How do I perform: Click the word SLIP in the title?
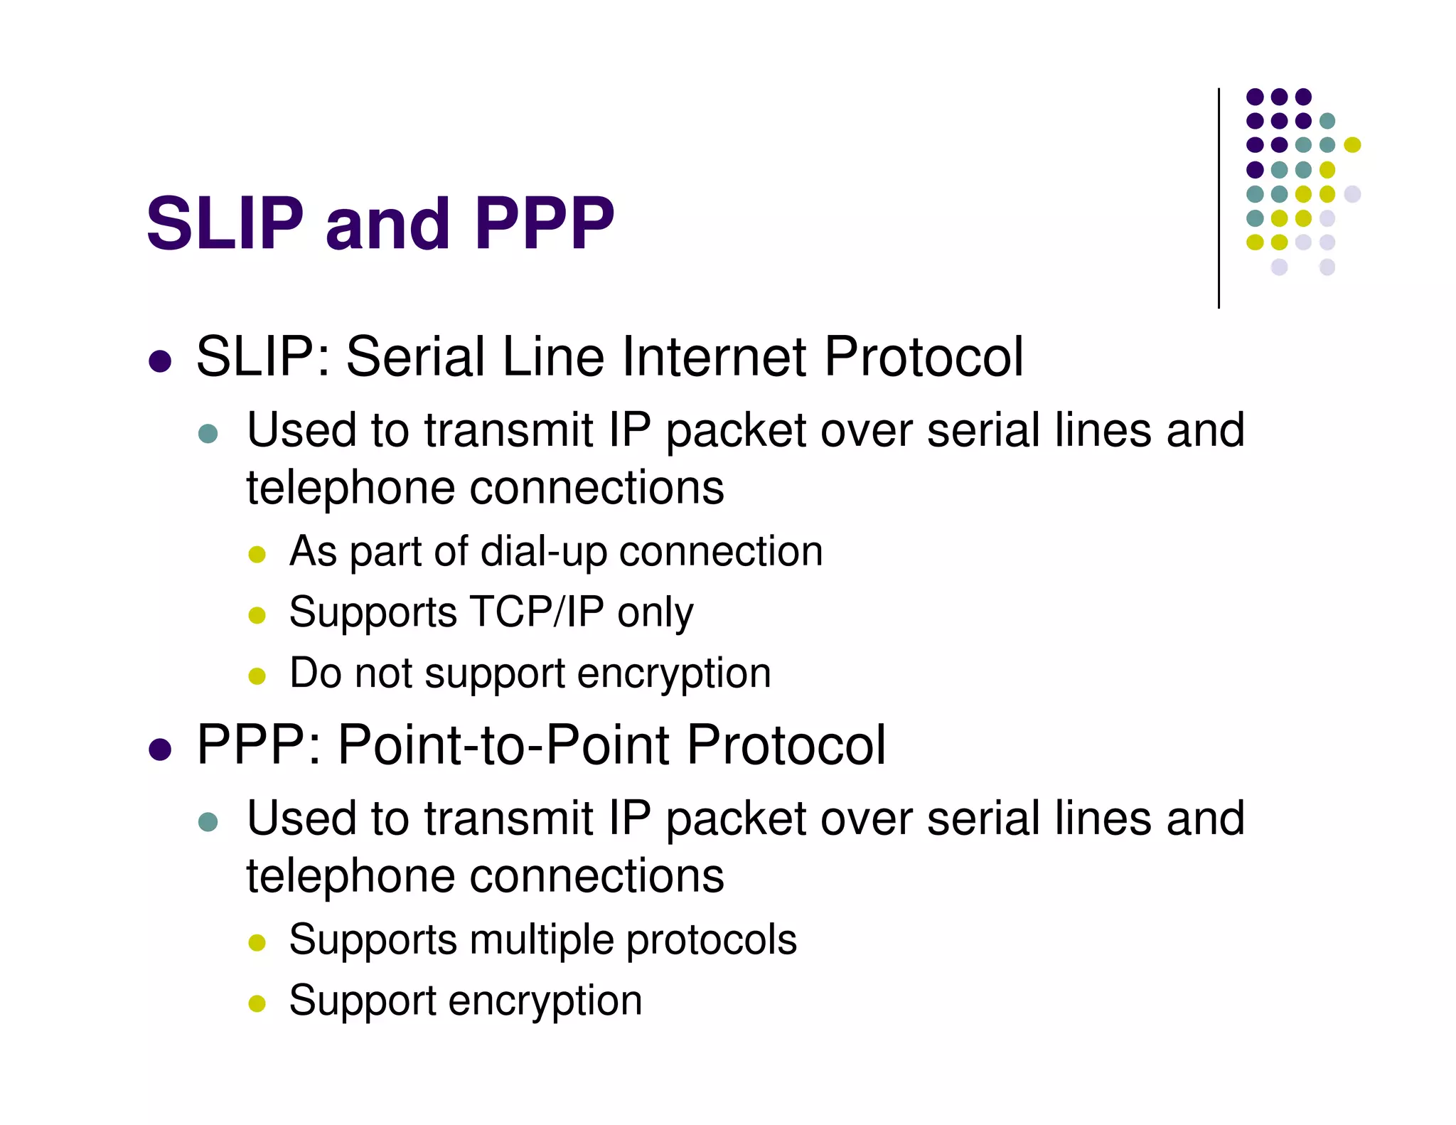[x=225, y=223]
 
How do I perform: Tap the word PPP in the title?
[x=544, y=223]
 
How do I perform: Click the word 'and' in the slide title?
[x=387, y=223]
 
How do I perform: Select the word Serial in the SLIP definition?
[x=416, y=356]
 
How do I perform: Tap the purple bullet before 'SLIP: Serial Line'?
[x=160, y=361]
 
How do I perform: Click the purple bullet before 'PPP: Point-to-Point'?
[x=160, y=750]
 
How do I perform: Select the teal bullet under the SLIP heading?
[x=208, y=434]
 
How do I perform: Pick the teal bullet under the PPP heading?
[x=208, y=822]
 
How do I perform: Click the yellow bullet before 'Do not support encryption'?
[x=257, y=676]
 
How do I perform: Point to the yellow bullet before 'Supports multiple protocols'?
[x=257, y=943]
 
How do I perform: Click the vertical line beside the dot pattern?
[x=1219, y=199]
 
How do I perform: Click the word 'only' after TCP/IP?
[x=655, y=613]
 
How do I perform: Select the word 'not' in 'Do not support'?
[x=383, y=673]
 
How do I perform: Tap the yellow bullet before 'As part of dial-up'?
[x=257, y=554]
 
